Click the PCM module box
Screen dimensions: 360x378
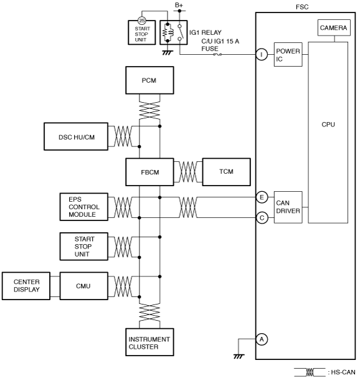coord(149,80)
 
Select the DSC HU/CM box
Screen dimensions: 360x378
coord(76,136)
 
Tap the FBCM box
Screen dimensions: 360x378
coord(149,172)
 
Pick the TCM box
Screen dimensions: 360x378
coord(227,172)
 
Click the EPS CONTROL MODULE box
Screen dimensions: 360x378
coord(84,207)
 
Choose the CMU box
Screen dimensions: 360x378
coord(84,286)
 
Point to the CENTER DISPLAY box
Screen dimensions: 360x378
coord(26,286)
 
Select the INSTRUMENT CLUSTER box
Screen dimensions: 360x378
coord(149,342)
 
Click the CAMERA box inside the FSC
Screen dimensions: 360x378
coord(334,28)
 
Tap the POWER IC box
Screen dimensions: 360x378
coord(288,54)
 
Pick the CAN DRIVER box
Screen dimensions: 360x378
coord(288,207)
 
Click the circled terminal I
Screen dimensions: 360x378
coord(262,54)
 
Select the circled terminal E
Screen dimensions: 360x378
coord(262,197)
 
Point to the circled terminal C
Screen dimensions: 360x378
coord(262,218)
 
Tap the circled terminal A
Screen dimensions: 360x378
coord(262,339)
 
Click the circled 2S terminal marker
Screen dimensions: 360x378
coord(142,21)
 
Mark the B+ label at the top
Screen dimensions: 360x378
coord(179,5)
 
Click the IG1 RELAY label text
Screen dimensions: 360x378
coord(206,32)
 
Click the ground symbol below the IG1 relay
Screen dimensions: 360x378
coord(168,52)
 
